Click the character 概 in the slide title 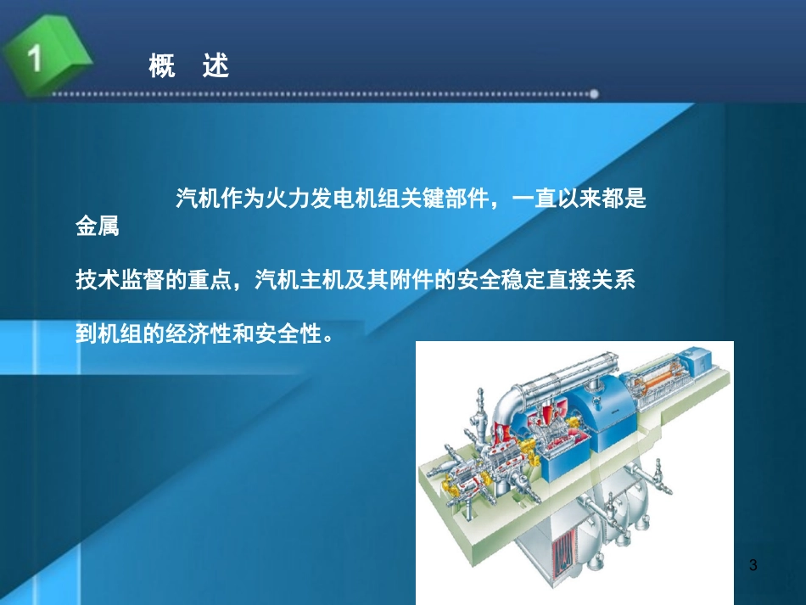pyautogui.click(x=162, y=66)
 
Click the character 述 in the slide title pyautogui.click(x=216, y=66)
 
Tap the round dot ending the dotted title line pyautogui.click(x=594, y=93)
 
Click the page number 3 pyautogui.click(x=754, y=565)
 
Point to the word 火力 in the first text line pyautogui.click(x=286, y=200)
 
